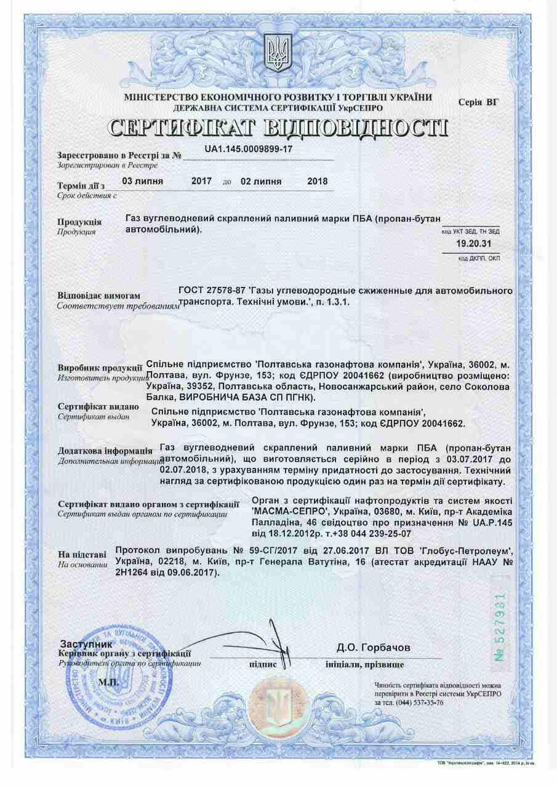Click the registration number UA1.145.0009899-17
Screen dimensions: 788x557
(249, 150)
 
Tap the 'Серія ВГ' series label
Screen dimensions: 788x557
(479, 102)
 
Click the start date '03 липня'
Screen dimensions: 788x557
(143, 182)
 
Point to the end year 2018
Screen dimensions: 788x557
(317, 182)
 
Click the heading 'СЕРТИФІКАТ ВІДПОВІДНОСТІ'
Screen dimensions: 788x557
(278, 127)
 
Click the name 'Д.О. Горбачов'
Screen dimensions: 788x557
(373, 648)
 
